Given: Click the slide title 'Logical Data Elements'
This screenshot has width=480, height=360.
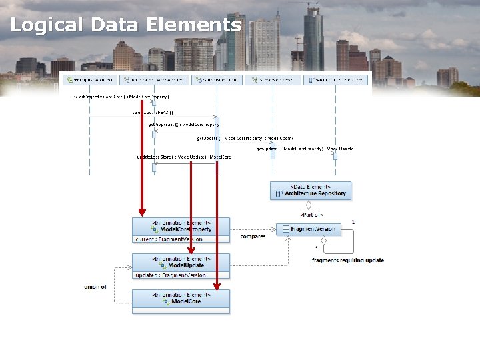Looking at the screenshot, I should [x=125, y=25].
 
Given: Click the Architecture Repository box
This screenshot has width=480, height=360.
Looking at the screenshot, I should [x=310, y=191].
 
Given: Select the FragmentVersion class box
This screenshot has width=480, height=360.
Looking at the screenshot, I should [x=309, y=229].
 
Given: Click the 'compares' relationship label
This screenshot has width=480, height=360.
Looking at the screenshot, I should [x=253, y=237].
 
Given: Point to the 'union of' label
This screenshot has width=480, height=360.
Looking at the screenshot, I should [x=95, y=287].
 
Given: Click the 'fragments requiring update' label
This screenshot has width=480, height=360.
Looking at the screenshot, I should [x=347, y=260].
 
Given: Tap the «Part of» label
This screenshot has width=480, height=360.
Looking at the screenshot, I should [x=311, y=215].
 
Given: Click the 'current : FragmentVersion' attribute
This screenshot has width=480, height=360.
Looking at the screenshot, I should [x=169, y=239].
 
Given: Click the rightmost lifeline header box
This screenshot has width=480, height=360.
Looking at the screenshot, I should [x=337, y=80].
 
